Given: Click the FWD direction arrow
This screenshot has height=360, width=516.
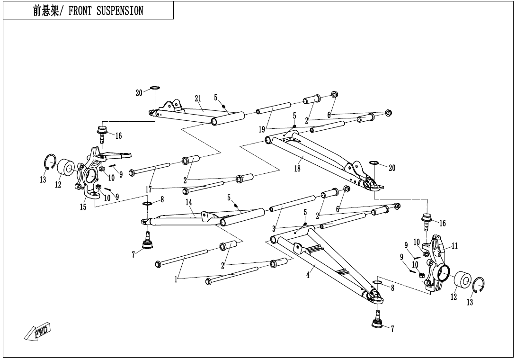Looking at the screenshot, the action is click(x=37, y=331).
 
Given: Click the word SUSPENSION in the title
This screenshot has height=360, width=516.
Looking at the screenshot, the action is click(x=120, y=11).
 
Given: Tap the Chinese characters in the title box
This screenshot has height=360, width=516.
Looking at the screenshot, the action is click(x=46, y=11).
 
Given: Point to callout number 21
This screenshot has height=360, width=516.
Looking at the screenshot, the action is click(x=198, y=99).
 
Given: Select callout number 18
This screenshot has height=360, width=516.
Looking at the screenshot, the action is click(x=297, y=169).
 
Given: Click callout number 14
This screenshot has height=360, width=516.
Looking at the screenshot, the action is click(x=188, y=202).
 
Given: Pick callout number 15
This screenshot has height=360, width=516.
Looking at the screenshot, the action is click(x=83, y=207).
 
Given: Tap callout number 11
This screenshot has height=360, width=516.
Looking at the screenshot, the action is click(x=454, y=246).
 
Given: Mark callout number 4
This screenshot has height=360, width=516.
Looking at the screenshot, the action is click(x=308, y=275).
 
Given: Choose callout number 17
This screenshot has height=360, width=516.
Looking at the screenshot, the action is click(x=149, y=190).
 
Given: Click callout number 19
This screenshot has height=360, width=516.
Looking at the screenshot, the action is click(x=262, y=129).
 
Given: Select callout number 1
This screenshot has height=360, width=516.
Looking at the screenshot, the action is click(x=176, y=280).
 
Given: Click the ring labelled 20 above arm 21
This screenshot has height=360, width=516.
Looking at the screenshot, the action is click(x=155, y=88).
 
